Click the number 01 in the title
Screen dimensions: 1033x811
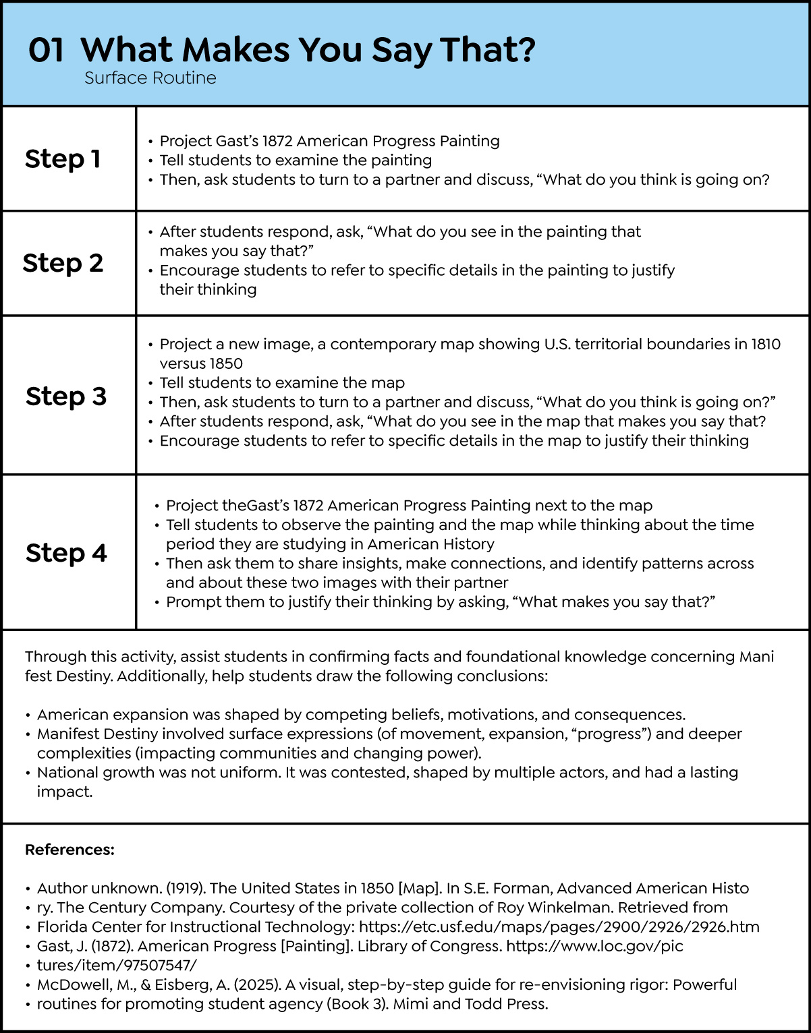coord(46,50)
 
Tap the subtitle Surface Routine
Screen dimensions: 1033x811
coord(150,78)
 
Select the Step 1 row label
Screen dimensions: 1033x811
coord(63,159)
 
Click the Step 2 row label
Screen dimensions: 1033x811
coord(63,263)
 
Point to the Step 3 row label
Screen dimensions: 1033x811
coord(66,396)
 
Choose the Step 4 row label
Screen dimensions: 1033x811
coord(66,553)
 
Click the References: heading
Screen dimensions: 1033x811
coord(69,850)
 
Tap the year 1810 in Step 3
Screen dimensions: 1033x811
coord(766,344)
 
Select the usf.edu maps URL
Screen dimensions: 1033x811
coord(559,927)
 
